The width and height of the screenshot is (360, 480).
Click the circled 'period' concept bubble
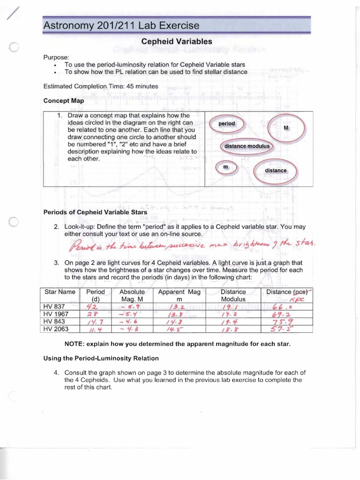[226, 124]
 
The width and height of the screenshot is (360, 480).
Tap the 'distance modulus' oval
[247, 146]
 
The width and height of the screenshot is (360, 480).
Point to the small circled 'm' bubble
[225, 167]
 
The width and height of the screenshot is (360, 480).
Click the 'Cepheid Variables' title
[177, 42]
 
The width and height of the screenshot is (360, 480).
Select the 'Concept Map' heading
[63, 100]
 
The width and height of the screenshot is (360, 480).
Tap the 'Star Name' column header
[60, 292]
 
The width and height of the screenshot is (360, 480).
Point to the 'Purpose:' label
[56, 57]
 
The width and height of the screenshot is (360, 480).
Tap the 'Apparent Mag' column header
[179, 292]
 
